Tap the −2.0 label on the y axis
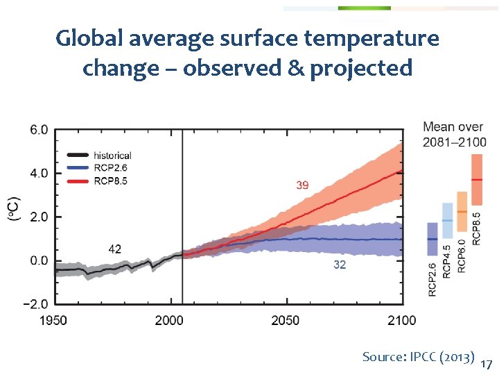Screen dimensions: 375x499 point(35,304)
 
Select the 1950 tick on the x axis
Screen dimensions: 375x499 point(53,320)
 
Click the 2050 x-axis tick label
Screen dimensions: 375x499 point(285,320)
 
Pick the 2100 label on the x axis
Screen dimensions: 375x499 point(401,320)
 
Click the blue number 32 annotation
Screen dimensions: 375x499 point(339,265)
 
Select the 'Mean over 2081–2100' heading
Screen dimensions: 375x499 point(454,134)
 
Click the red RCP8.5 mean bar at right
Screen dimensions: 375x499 point(476,179)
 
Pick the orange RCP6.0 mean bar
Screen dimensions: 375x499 point(462,211)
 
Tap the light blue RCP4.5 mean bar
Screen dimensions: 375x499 point(448,221)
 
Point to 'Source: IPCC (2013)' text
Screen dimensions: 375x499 point(418,357)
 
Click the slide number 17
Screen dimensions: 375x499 point(487,365)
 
